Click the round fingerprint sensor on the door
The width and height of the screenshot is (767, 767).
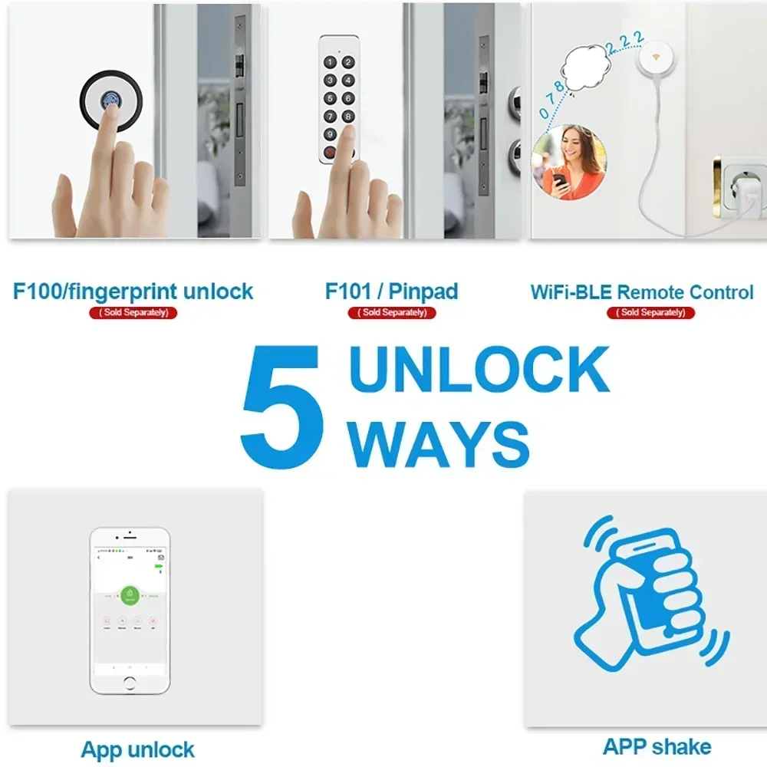coord(110,101)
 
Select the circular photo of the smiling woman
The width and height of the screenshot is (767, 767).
coord(568,163)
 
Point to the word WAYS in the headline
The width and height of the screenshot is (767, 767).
coord(439,443)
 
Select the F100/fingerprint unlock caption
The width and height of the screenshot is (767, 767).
coord(133,291)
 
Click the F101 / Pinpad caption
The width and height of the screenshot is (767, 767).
coord(392,291)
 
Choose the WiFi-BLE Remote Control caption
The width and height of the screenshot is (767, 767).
coord(642,292)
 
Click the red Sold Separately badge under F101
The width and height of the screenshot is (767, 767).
coord(392,312)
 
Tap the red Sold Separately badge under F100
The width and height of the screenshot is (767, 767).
coord(133,312)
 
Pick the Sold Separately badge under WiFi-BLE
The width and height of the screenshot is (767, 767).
coord(651,312)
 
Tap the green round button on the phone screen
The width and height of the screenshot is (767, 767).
coord(130,596)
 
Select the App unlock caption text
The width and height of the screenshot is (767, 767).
coord(138,749)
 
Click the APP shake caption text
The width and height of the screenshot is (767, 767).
coord(657,746)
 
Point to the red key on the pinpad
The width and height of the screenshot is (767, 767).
coord(331,151)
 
